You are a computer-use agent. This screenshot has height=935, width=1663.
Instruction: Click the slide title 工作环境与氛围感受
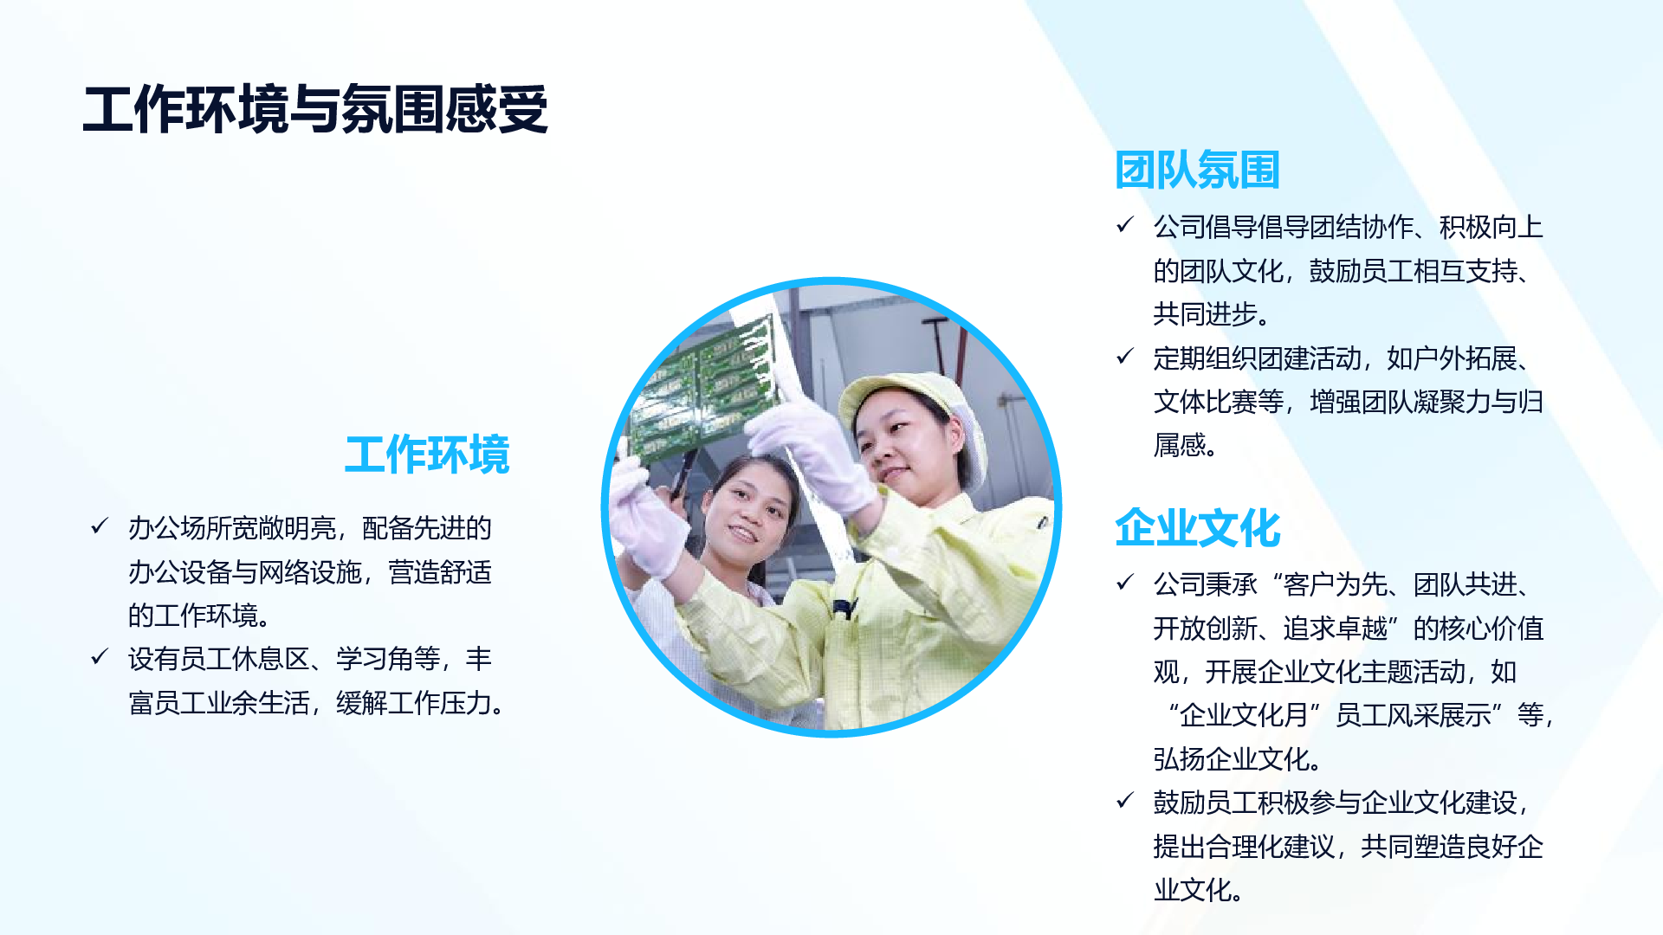(x=315, y=110)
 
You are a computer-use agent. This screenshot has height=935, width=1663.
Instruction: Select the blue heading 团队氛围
(x=1198, y=170)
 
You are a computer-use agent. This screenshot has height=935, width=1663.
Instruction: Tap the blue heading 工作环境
(x=427, y=455)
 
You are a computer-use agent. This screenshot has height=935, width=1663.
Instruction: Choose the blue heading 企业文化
(x=1198, y=528)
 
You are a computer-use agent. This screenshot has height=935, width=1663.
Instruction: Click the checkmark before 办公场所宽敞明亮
(x=100, y=526)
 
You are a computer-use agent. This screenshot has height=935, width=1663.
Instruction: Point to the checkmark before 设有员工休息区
(x=100, y=657)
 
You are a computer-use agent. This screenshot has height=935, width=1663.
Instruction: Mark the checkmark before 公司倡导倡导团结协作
(x=1125, y=225)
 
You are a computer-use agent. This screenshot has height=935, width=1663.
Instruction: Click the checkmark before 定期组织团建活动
(x=1125, y=357)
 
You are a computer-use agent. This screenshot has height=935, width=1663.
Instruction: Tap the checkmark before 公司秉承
(x=1125, y=583)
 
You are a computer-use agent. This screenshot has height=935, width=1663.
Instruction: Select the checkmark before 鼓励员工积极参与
(x=1125, y=801)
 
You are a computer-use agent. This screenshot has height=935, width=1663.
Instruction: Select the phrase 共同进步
(x=1205, y=314)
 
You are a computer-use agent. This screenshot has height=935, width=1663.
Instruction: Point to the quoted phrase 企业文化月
(x=1243, y=715)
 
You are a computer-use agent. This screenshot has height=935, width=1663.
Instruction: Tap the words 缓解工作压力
(x=414, y=703)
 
